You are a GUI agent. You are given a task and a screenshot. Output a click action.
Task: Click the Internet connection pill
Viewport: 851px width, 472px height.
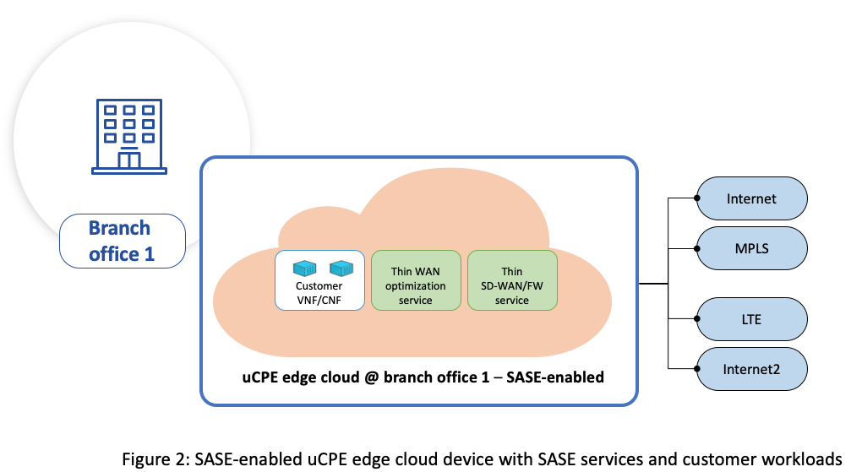[x=751, y=199]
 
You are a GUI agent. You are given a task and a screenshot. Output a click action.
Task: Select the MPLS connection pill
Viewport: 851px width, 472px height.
[x=751, y=248]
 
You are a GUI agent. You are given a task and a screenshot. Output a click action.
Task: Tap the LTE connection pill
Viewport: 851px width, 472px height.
[x=751, y=319]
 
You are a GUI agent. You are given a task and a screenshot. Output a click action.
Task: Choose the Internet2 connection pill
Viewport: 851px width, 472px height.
[x=751, y=369]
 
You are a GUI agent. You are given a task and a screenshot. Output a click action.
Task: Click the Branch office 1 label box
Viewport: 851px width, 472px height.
[x=122, y=241]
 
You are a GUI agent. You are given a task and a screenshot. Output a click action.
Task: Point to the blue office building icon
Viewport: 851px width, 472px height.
[x=129, y=137]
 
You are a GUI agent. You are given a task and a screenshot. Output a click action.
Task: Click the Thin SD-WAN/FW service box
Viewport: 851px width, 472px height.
[x=512, y=279]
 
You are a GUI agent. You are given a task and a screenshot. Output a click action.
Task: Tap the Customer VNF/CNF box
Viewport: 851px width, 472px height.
[x=319, y=279]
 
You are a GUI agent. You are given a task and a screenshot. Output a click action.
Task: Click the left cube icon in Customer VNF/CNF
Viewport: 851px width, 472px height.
[x=303, y=269]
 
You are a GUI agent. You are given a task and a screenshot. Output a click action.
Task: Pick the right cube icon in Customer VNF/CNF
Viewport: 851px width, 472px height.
[x=341, y=269]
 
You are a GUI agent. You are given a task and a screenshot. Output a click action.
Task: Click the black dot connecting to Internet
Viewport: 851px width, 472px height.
[x=696, y=199]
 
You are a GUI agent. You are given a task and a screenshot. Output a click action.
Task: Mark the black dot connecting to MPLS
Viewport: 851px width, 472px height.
[x=696, y=248]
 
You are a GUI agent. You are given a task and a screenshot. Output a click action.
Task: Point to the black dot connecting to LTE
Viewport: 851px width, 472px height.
[x=696, y=319]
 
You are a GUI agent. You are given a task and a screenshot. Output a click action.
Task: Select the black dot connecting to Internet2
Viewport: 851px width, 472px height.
[x=696, y=369]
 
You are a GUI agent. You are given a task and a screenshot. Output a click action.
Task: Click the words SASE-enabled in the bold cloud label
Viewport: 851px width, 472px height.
[x=554, y=377]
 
